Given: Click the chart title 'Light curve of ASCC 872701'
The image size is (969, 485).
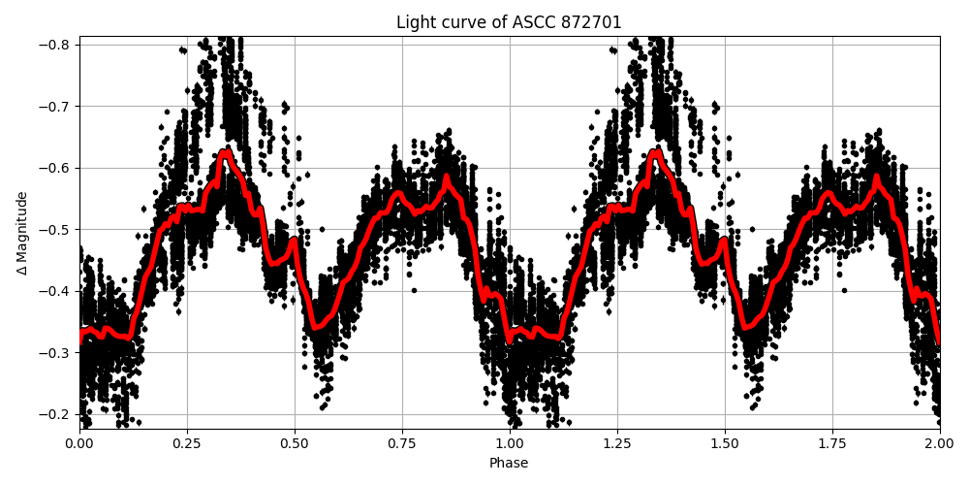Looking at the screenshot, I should tap(509, 22).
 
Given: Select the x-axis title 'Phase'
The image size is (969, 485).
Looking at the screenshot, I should tap(509, 464).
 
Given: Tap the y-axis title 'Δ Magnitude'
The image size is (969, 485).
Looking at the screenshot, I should tap(22, 233).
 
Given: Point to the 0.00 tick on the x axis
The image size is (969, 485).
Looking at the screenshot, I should tap(79, 442).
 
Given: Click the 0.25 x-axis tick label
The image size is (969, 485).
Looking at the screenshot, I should tap(187, 442).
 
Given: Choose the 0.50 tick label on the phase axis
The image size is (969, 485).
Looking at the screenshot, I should tap(295, 442).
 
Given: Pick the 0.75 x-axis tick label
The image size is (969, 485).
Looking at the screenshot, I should tap(402, 442).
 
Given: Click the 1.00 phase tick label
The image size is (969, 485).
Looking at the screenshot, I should tap(510, 442).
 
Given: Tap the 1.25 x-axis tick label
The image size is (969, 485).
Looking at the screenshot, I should tap(617, 442).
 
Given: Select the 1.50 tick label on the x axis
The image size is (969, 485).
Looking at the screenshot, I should tap(725, 442).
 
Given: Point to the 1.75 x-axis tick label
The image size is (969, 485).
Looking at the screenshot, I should tap(832, 442).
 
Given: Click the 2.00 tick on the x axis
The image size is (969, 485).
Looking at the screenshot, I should tap(939, 442).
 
